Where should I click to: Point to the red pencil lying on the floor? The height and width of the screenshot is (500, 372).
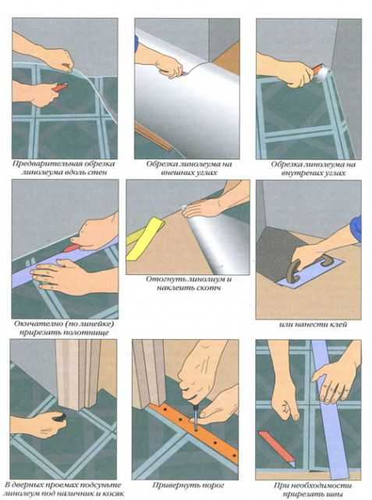tap(277, 448)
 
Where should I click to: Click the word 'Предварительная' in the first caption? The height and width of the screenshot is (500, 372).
tap(45, 163)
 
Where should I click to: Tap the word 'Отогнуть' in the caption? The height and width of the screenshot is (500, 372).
tap(162, 279)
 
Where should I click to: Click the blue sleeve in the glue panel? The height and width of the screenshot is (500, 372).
tap(356, 229)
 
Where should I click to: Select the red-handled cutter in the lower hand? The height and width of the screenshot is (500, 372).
tap(59, 87)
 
